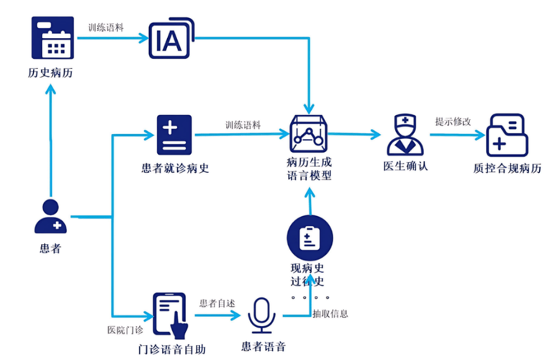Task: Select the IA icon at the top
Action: point(170,40)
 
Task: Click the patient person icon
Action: point(50,216)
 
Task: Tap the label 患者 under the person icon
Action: point(50,249)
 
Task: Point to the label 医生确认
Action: point(405,168)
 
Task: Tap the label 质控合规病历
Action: point(507,168)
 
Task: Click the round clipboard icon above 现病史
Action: point(309,238)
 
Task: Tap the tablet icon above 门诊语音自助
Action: point(171,314)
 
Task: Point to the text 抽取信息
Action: point(330,313)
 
